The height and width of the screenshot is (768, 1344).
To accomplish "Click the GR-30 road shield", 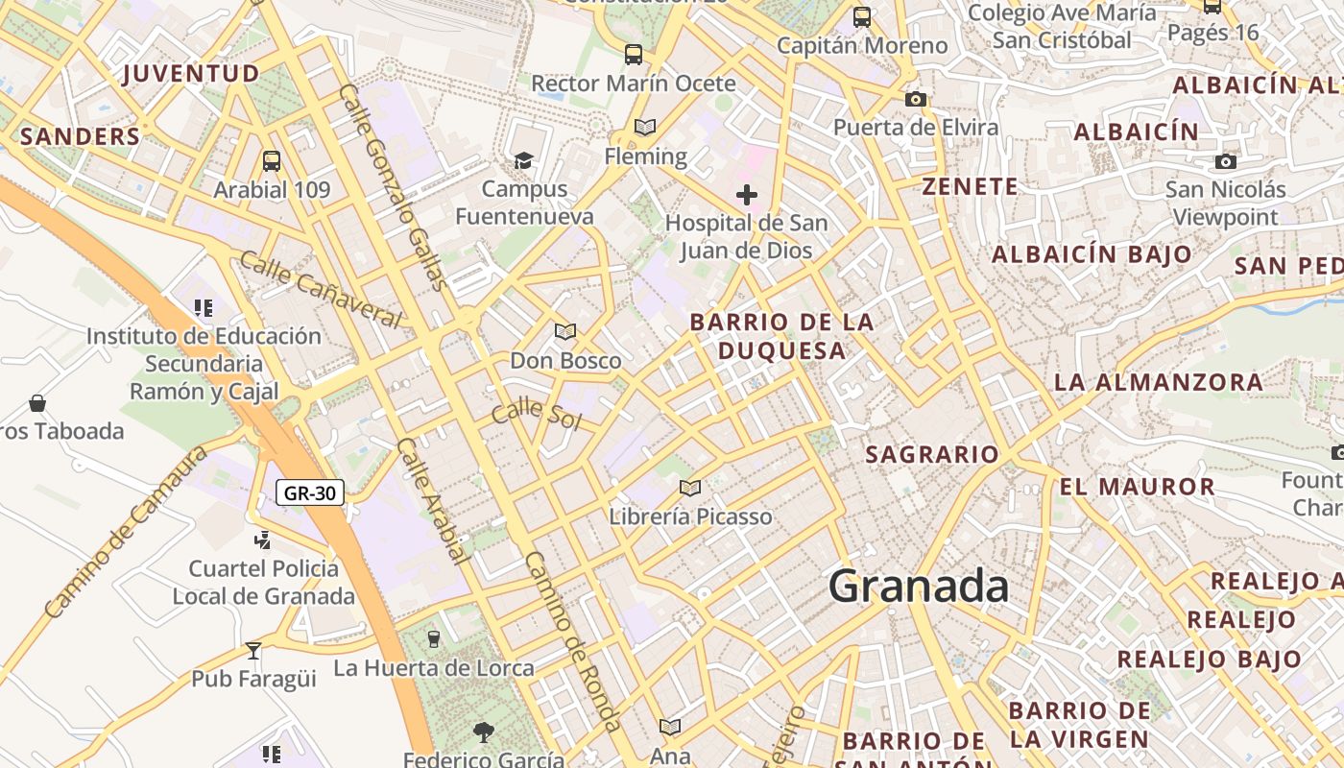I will [x=310, y=493].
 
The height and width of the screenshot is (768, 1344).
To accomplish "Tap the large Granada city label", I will [x=918, y=586].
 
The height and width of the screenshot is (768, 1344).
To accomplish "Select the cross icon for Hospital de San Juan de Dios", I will [x=746, y=196].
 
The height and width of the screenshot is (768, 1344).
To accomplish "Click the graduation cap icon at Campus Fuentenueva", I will [x=523, y=160].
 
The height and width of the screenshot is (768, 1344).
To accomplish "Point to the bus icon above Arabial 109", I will [x=272, y=160].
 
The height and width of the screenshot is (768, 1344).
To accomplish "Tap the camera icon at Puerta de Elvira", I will [x=916, y=99].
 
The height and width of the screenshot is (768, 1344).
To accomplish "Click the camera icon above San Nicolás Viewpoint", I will [x=1226, y=161].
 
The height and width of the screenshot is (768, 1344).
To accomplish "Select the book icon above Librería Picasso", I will [x=690, y=488].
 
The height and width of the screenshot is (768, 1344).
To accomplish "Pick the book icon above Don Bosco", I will [x=565, y=332].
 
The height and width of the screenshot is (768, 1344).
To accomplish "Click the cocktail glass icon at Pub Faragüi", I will [x=253, y=651].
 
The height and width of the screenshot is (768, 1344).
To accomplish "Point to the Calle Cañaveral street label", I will [x=320, y=289].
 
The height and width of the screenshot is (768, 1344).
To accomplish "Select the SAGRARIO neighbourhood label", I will [x=932, y=454].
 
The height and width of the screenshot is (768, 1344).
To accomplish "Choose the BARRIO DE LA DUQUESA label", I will [x=782, y=336].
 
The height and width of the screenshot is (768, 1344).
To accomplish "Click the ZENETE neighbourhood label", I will [x=970, y=186].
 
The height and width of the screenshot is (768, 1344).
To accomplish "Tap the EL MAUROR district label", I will [x=1138, y=487].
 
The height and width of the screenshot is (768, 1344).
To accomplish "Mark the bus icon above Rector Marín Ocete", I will [x=633, y=55].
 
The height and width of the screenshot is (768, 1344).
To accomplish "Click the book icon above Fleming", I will [x=645, y=127].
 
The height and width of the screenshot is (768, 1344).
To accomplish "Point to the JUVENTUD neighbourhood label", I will [x=191, y=74].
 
